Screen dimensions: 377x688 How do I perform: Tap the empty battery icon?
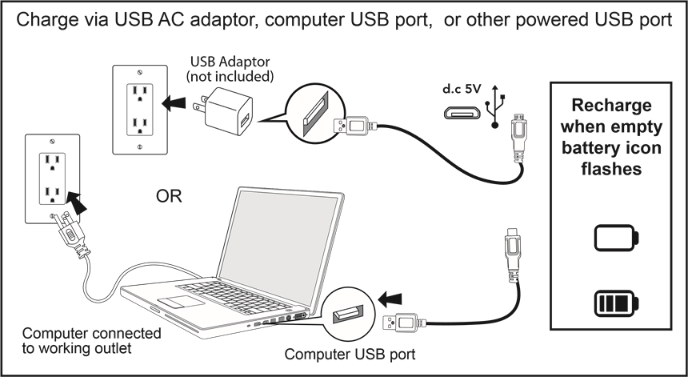(x=617, y=238)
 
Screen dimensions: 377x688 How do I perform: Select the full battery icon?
(x=617, y=304)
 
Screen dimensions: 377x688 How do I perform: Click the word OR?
(x=169, y=196)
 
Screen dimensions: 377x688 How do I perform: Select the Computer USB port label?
(x=350, y=353)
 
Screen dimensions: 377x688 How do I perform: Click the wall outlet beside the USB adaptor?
(x=141, y=110)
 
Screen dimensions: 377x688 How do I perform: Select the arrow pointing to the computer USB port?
(x=388, y=299)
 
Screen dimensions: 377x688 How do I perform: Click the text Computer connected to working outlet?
(x=90, y=340)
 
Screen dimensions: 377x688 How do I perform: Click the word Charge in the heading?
(x=48, y=18)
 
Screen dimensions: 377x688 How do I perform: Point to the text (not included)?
(x=230, y=77)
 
